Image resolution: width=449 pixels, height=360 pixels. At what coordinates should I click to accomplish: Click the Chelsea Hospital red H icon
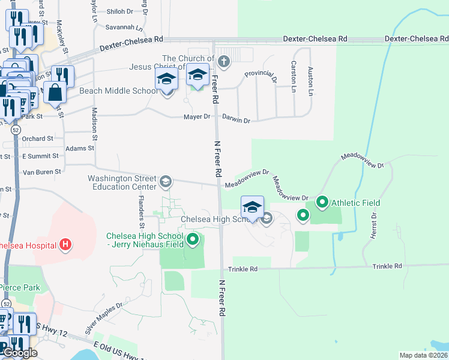click(66, 245)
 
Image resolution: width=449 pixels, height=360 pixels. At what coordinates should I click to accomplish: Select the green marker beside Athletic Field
click(322, 203)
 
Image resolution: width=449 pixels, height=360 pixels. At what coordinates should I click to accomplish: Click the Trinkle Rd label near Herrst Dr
click(386, 266)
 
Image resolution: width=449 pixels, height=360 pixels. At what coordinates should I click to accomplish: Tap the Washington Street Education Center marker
click(166, 181)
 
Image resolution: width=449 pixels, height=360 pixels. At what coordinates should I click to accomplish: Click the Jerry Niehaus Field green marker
click(193, 241)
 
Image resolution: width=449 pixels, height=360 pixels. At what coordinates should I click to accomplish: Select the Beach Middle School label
click(119, 91)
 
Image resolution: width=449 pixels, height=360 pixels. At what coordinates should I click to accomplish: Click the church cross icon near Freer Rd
click(223, 61)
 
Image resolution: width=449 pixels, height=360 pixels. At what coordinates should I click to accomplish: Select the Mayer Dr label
click(197, 116)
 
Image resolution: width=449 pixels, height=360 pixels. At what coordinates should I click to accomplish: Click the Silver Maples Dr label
click(103, 317)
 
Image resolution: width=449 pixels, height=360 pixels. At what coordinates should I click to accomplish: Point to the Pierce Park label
click(20, 287)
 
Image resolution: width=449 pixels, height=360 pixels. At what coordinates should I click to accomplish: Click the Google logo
click(20, 353)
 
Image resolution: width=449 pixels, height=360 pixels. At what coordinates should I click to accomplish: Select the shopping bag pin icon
click(55, 93)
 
